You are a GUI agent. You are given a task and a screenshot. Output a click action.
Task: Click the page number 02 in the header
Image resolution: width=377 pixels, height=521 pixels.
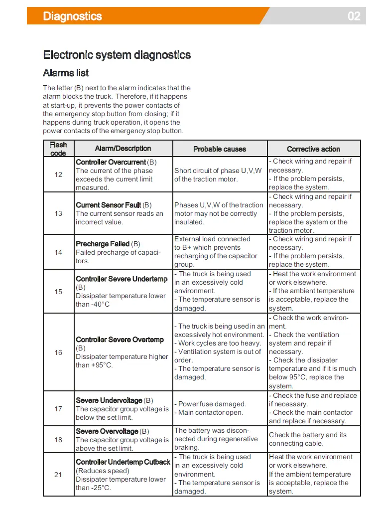pyautogui.click(x=354, y=16)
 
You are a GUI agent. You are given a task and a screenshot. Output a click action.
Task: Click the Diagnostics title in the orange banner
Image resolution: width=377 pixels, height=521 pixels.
pyautogui.click(x=72, y=16)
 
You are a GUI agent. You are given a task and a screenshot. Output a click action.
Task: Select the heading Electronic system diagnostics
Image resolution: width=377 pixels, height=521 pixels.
pyautogui.click(x=117, y=55)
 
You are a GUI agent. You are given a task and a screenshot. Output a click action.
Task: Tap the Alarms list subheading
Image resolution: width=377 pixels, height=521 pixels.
pyautogui.click(x=66, y=73)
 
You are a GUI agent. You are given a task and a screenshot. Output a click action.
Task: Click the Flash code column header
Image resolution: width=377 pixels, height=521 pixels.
pyautogui.click(x=58, y=149)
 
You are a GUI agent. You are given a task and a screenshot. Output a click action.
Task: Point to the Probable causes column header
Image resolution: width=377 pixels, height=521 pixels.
pyautogui.click(x=220, y=149)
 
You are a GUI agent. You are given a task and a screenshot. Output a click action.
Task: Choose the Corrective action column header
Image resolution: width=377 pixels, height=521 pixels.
pyautogui.click(x=313, y=149)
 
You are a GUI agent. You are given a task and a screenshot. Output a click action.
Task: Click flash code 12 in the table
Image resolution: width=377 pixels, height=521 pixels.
pyautogui.click(x=58, y=174)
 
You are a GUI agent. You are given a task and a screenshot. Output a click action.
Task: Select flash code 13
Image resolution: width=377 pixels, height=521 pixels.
pyautogui.click(x=58, y=213)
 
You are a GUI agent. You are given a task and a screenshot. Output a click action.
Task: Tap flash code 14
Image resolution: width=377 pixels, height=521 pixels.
pyautogui.click(x=58, y=252)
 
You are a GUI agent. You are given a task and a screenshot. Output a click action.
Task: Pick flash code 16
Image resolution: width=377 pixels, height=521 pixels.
pyautogui.click(x=58, y=352)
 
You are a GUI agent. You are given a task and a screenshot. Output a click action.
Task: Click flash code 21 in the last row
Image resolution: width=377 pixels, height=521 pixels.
pyautogui.click(x=58, y=475)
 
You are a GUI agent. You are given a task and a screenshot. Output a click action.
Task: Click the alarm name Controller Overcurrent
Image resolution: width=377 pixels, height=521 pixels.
pyautogui.click(x=111, y=162)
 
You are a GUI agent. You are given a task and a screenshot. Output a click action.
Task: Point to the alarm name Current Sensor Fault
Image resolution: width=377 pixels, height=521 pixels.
pyautogui.click(x=109, y=205)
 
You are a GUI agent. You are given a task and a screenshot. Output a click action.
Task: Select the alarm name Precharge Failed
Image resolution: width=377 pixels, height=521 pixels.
pyautogui.click(x=103, y=244)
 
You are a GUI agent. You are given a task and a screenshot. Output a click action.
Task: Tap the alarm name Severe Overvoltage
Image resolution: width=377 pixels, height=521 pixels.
pyautogui.click(x=107, y=431)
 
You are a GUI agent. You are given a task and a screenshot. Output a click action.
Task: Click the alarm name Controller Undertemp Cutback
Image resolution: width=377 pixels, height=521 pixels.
pyautogui.click(x=123, y=462)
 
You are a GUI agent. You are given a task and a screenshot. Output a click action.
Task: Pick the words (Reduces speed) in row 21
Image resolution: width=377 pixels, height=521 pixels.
pyautogui.click(x=102, y=471)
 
